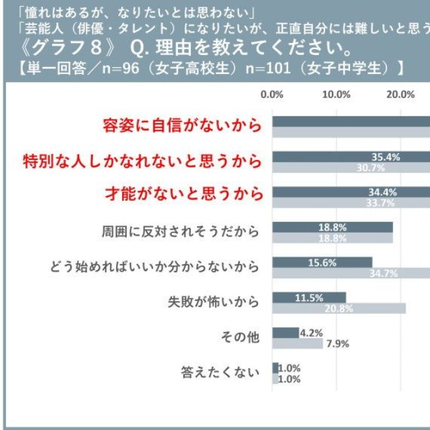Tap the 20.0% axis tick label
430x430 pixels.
[x=400, y=94]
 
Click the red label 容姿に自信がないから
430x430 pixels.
[x=181, y=125]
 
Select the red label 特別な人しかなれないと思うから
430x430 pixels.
[x=141, y=161]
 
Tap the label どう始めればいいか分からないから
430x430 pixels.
[x=155, y=267]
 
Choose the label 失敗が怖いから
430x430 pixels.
[x=212, y=302]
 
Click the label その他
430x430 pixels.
[x=240, y=337]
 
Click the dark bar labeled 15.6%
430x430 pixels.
[x=322, y=262]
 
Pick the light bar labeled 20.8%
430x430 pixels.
[x=339, y=308]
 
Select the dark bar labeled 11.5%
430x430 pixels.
[x=309, y=297]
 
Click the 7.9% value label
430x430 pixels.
[x=337, y=344]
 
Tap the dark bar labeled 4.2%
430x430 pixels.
[x=286, y=333]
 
